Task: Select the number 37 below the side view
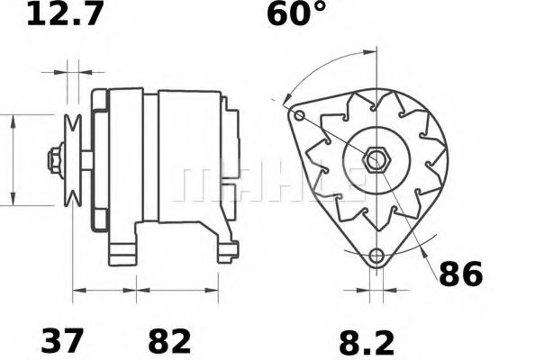tap(63, 341)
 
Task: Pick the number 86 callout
tap(460, 274)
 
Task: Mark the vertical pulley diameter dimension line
tap(13, 160)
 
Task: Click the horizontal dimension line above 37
tap(104, 290)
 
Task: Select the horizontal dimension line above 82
tap(177, 290)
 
